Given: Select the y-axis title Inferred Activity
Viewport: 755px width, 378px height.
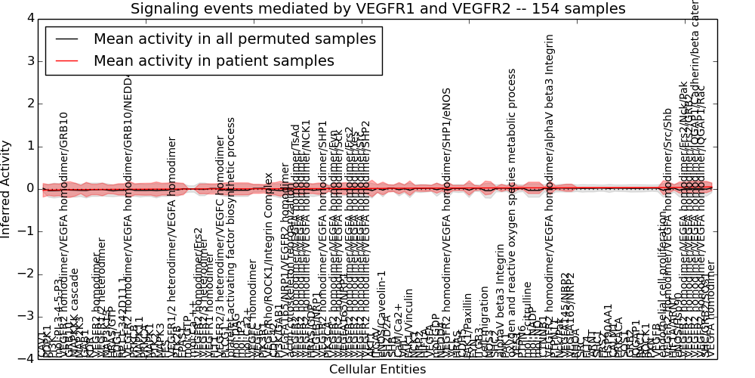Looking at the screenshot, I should (7, 188).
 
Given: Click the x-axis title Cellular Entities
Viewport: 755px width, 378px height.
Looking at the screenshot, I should (377, 369).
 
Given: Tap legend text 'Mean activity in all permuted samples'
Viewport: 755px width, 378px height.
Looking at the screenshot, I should (235, 39).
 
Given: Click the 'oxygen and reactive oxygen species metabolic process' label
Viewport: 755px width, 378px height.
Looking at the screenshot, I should (512, 212).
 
